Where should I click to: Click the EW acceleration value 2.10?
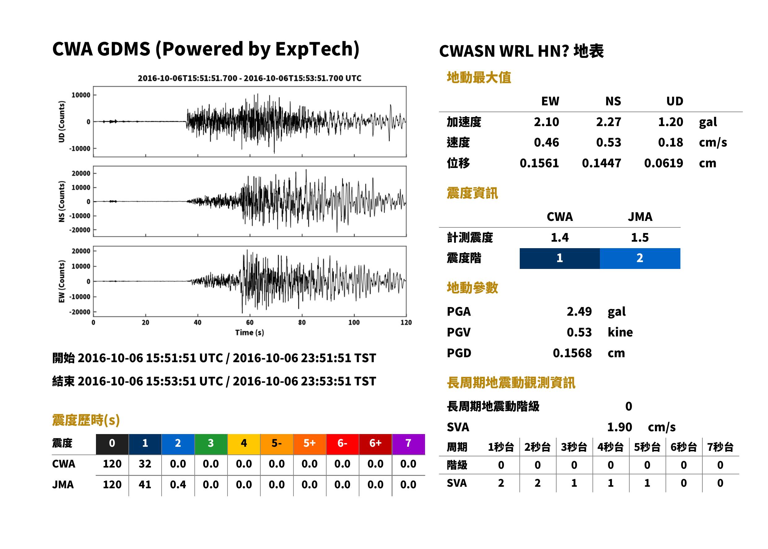[x=546, y=122]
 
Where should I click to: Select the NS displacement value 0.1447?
[x=601, y=163]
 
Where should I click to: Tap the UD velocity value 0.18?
[x=670, y=142]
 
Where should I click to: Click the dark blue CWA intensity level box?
[x=560, y=258]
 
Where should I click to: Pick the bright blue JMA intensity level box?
[x=640, y=258]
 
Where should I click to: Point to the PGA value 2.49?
[x=579, y=311]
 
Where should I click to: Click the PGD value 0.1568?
[x=572, y=353]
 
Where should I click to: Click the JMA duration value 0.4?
[x=178, y=485]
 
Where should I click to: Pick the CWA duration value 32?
[x=145, y=464]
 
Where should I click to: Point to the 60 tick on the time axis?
[x=249, y=322]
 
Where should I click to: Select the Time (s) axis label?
[x=249, y=333]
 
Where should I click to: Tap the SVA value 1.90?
[x=619, y=427]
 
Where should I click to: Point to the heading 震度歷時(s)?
[x=86, y=420]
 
